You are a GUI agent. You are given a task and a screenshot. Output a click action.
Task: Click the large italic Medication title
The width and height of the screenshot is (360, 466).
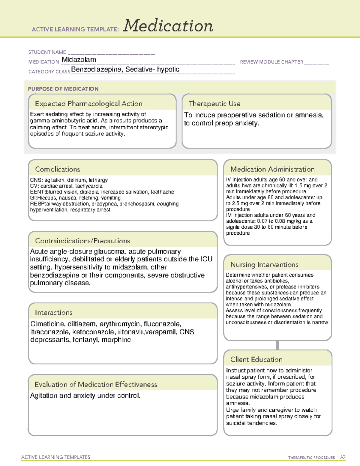click(168, 26)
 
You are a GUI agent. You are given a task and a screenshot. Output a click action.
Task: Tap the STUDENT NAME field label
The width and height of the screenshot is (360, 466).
click(47, 52)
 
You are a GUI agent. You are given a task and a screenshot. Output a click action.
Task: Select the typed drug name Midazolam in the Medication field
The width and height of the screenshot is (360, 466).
click(79, 60)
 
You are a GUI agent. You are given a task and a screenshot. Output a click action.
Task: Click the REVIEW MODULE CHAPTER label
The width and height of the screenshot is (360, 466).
click(271, 62)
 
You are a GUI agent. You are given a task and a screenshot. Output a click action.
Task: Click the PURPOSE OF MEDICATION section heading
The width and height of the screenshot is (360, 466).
click(63, 89)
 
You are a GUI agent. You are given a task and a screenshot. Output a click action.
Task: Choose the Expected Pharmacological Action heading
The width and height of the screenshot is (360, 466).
click(88, 104)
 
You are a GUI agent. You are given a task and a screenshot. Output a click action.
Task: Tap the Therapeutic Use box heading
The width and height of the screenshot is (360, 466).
click(214, 104)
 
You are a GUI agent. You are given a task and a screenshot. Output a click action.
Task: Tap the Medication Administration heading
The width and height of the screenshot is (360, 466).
click(272, 169)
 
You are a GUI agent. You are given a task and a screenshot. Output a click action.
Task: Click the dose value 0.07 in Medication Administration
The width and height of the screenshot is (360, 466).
click(263, 221)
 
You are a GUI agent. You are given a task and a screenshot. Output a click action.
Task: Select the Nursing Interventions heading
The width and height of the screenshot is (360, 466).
click(264, 265)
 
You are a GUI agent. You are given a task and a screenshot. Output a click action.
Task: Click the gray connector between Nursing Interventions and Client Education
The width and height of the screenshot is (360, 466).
click(277, 345)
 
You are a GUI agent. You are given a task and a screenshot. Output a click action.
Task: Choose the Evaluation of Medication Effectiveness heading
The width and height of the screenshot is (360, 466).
click(96, 384)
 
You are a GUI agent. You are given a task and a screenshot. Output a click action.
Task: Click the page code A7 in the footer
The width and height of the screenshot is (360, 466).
click(343, 457)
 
